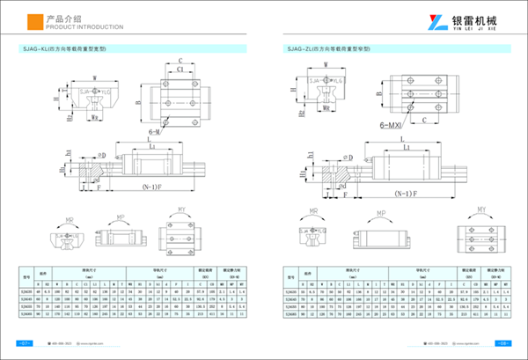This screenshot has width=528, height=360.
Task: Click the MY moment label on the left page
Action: (x=182, y=209)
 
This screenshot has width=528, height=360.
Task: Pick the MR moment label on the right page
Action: (x=314, y=211)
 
